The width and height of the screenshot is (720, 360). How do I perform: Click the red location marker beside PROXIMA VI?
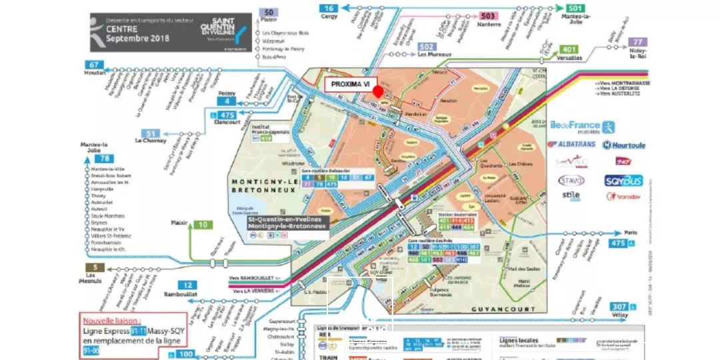pos(378,91)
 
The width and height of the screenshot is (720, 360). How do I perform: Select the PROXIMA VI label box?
pos(350,85)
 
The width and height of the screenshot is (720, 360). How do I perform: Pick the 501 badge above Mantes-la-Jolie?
pos(575,8)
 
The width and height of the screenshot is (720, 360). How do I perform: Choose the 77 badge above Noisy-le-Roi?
pos(637,41)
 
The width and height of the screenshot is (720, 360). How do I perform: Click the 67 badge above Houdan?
pos(93,65)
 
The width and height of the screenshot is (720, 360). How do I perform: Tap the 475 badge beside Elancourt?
pos(227,115)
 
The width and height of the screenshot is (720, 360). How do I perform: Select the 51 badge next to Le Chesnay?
pos(151,133)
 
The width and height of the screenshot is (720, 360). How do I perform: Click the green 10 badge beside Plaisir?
pos(203,225)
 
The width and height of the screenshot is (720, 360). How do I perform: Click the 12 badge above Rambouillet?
pos(187,285)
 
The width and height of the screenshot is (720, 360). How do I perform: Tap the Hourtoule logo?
pos(624,145)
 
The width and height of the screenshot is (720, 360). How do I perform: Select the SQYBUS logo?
pos(623,180)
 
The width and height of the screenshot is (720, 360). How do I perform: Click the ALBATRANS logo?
pos(571,144)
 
